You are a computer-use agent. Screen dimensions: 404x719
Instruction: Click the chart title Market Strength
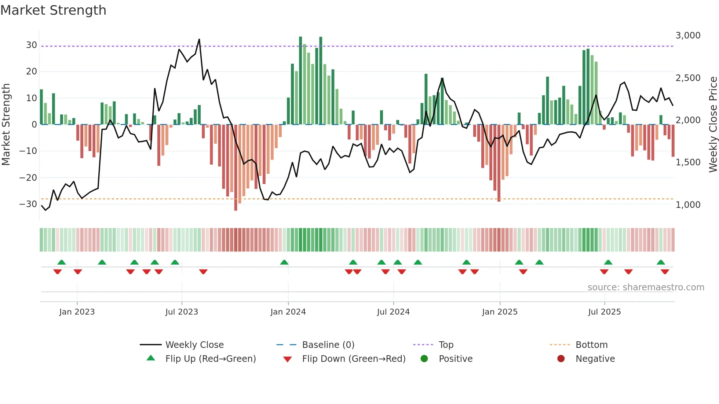[x=53, y=10]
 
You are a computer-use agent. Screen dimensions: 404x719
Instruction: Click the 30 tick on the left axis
[x=32, y=45]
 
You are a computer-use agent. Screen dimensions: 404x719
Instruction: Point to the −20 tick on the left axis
[x=28, y=178]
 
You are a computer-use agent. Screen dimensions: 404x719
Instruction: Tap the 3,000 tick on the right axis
[x=688, y=36]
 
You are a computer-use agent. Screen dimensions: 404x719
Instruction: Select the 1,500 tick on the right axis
[x=688, y=162]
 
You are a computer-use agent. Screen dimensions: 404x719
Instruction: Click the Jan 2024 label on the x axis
[x=288, y=312]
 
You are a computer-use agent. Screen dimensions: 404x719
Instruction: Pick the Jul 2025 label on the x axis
[x=604, y=312]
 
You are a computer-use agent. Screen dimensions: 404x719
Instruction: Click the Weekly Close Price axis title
[x=713, y=125]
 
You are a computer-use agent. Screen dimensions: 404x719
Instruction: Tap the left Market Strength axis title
[x=6, y=125]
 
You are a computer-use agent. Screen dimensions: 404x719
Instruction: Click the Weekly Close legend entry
[x=194, y=345]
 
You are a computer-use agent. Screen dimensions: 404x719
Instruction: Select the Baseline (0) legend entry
[x=328, y=345]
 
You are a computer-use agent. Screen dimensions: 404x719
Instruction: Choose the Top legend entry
[x=446, y=345]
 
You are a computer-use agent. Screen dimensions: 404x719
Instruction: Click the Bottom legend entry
[x=591, y=345]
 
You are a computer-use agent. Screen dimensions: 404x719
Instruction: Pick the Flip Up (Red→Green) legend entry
[x=210, y=359]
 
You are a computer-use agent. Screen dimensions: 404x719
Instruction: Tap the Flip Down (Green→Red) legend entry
[x=353, y=359]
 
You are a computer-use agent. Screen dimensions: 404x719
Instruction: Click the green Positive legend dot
[x=424, y=359]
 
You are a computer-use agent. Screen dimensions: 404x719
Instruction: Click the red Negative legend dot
[x=561, y=359]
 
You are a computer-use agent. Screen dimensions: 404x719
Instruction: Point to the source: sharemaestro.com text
[x=646, y=287]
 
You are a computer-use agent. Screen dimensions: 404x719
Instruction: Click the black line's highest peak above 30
[x=199, y=39]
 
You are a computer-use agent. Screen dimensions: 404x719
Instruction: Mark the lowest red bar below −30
[x=236, y=209]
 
